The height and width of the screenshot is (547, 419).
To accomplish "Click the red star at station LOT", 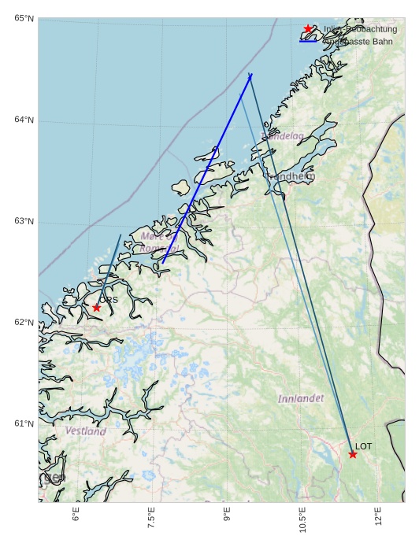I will (353, 454).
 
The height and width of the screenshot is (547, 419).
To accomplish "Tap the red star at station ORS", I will (96, 308).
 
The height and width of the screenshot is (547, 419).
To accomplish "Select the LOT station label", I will (363, 446).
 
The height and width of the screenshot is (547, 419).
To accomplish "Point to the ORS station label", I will (109, 300).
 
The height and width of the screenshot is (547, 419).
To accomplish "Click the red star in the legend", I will (308, 29).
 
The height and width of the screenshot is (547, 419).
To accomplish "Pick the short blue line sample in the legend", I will (308, 42).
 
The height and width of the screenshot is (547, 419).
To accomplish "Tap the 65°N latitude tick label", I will (24, 18).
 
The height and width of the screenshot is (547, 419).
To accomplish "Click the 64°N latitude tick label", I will (24, 120).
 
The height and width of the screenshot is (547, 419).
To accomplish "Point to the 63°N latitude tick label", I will (24, 221).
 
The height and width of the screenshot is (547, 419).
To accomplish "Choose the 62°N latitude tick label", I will (24, 322).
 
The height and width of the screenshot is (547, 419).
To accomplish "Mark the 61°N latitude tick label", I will (24, 423).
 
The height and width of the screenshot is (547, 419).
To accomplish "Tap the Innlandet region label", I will (301, 399).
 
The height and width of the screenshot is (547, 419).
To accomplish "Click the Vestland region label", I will (86, 431).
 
